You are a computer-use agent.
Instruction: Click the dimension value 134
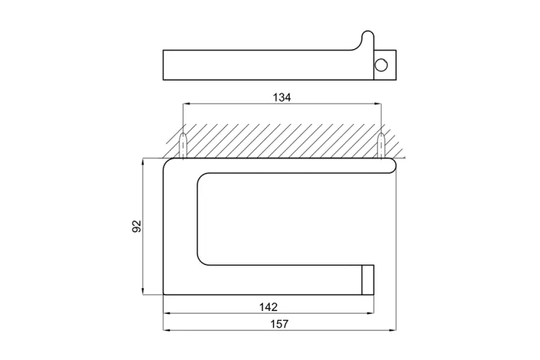tap(282, 98)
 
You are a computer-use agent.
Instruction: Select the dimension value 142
tap(269, 307)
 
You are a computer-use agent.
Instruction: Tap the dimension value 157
tap(279, 324)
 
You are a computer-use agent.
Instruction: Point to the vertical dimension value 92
tap(137, 226)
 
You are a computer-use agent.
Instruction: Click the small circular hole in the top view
tap(381, 65)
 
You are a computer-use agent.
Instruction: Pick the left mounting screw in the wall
tap(183, 145)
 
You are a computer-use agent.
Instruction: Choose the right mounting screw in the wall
tap(381, 145)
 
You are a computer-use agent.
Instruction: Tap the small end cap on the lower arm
tap(367, 280)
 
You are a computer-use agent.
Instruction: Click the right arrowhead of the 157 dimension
tap(392, 330)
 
